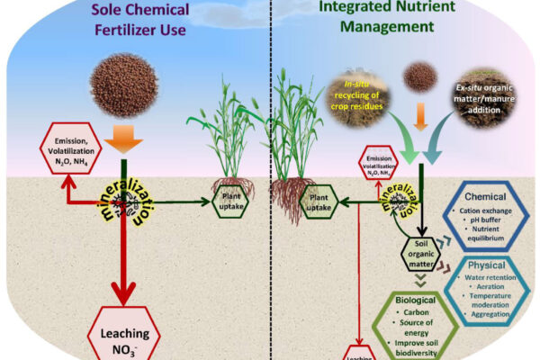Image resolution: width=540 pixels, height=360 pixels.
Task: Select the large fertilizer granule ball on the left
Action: [125, 83]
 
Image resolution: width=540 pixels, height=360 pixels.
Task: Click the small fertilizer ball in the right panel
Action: [420, 76]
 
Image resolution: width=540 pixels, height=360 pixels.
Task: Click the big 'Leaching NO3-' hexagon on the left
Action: [127, 334]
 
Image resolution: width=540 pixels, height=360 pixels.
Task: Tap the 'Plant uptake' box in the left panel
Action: [231, 201]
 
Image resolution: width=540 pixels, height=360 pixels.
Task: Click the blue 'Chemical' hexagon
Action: [487, 213]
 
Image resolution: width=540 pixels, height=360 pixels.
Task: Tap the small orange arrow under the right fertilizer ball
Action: [420, 115]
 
